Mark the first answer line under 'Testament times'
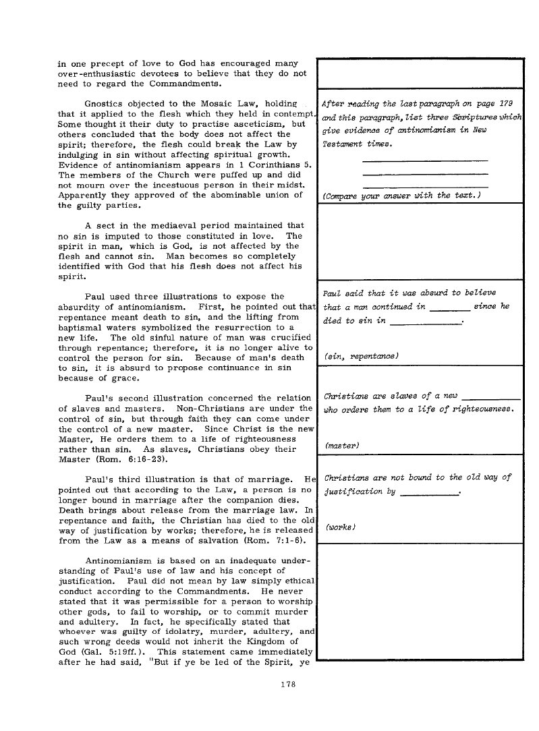click(425, 160)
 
